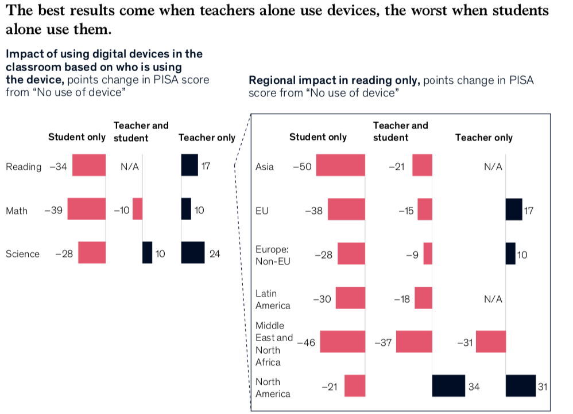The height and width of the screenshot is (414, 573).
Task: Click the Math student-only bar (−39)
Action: (x=87, y=209)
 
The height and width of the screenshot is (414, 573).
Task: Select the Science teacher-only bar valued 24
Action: (x=193, y=253)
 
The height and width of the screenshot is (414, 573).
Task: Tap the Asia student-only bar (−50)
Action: (x=340, y=165)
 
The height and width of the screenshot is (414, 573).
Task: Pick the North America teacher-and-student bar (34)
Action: (x=448, y=386)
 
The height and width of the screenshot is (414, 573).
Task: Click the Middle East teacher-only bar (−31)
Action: (x=491, y=342)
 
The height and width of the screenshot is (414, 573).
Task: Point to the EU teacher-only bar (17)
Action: (x=514, y=209)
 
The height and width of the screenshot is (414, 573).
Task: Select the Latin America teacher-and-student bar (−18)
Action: (x=423, y=298)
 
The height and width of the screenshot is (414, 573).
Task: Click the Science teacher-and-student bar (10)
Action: (x=148, y=253)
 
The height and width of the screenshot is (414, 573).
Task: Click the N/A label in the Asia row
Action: (x=493, y=167)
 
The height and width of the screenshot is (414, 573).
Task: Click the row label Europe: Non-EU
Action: (x=273, y=256)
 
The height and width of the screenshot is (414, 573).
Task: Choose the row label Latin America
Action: (x=273, y=299)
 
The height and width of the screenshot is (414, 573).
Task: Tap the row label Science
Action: (x=22, y=254)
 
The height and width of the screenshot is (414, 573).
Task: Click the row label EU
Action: (x=262, y=210)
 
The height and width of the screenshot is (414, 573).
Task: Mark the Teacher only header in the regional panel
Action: (x=483, y=138)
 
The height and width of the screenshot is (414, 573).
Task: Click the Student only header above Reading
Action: (x=77, y=137)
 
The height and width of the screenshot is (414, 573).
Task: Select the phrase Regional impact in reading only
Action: (x=333, y=81)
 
